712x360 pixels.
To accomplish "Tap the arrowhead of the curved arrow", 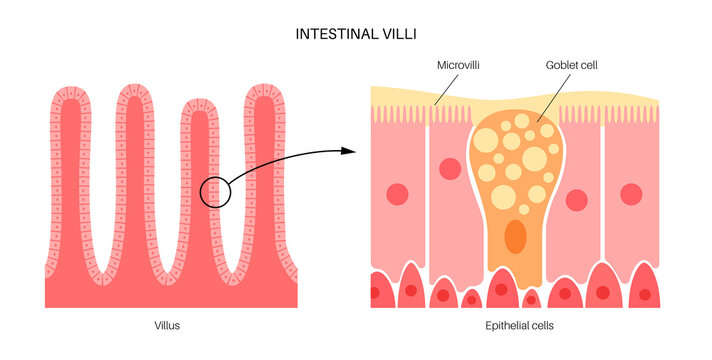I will click(350, 152).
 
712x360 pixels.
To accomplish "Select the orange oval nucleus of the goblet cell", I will click(515, 236).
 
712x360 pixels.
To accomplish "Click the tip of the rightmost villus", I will click(263, 89).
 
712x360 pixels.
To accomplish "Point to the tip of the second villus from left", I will click(135, 89).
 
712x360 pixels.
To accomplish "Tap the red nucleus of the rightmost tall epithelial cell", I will click(631, 193).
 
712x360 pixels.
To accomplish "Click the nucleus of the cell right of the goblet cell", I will click(576, 199).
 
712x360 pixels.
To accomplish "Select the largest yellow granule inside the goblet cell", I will click(534, 158).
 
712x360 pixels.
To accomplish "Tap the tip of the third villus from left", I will click(199, 103).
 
